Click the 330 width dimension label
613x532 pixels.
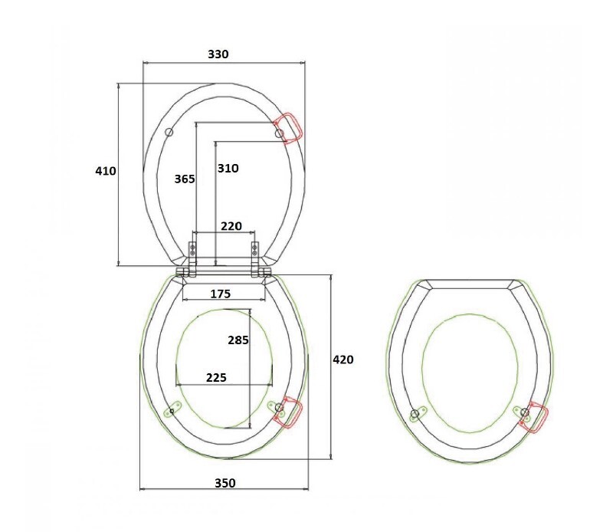tap(218, 54)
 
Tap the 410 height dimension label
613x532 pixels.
tap(106, 171)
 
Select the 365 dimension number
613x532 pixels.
tap(185, 179)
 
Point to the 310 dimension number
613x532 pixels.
tap(228, 168)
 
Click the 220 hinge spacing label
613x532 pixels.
tap(231, 226)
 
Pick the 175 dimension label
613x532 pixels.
tap(221, 294)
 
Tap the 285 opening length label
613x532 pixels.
tap(238, 340)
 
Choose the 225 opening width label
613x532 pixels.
tap(216, 377)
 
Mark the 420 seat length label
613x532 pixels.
tap(343, 360)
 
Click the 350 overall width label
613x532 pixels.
tap(225, 483)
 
